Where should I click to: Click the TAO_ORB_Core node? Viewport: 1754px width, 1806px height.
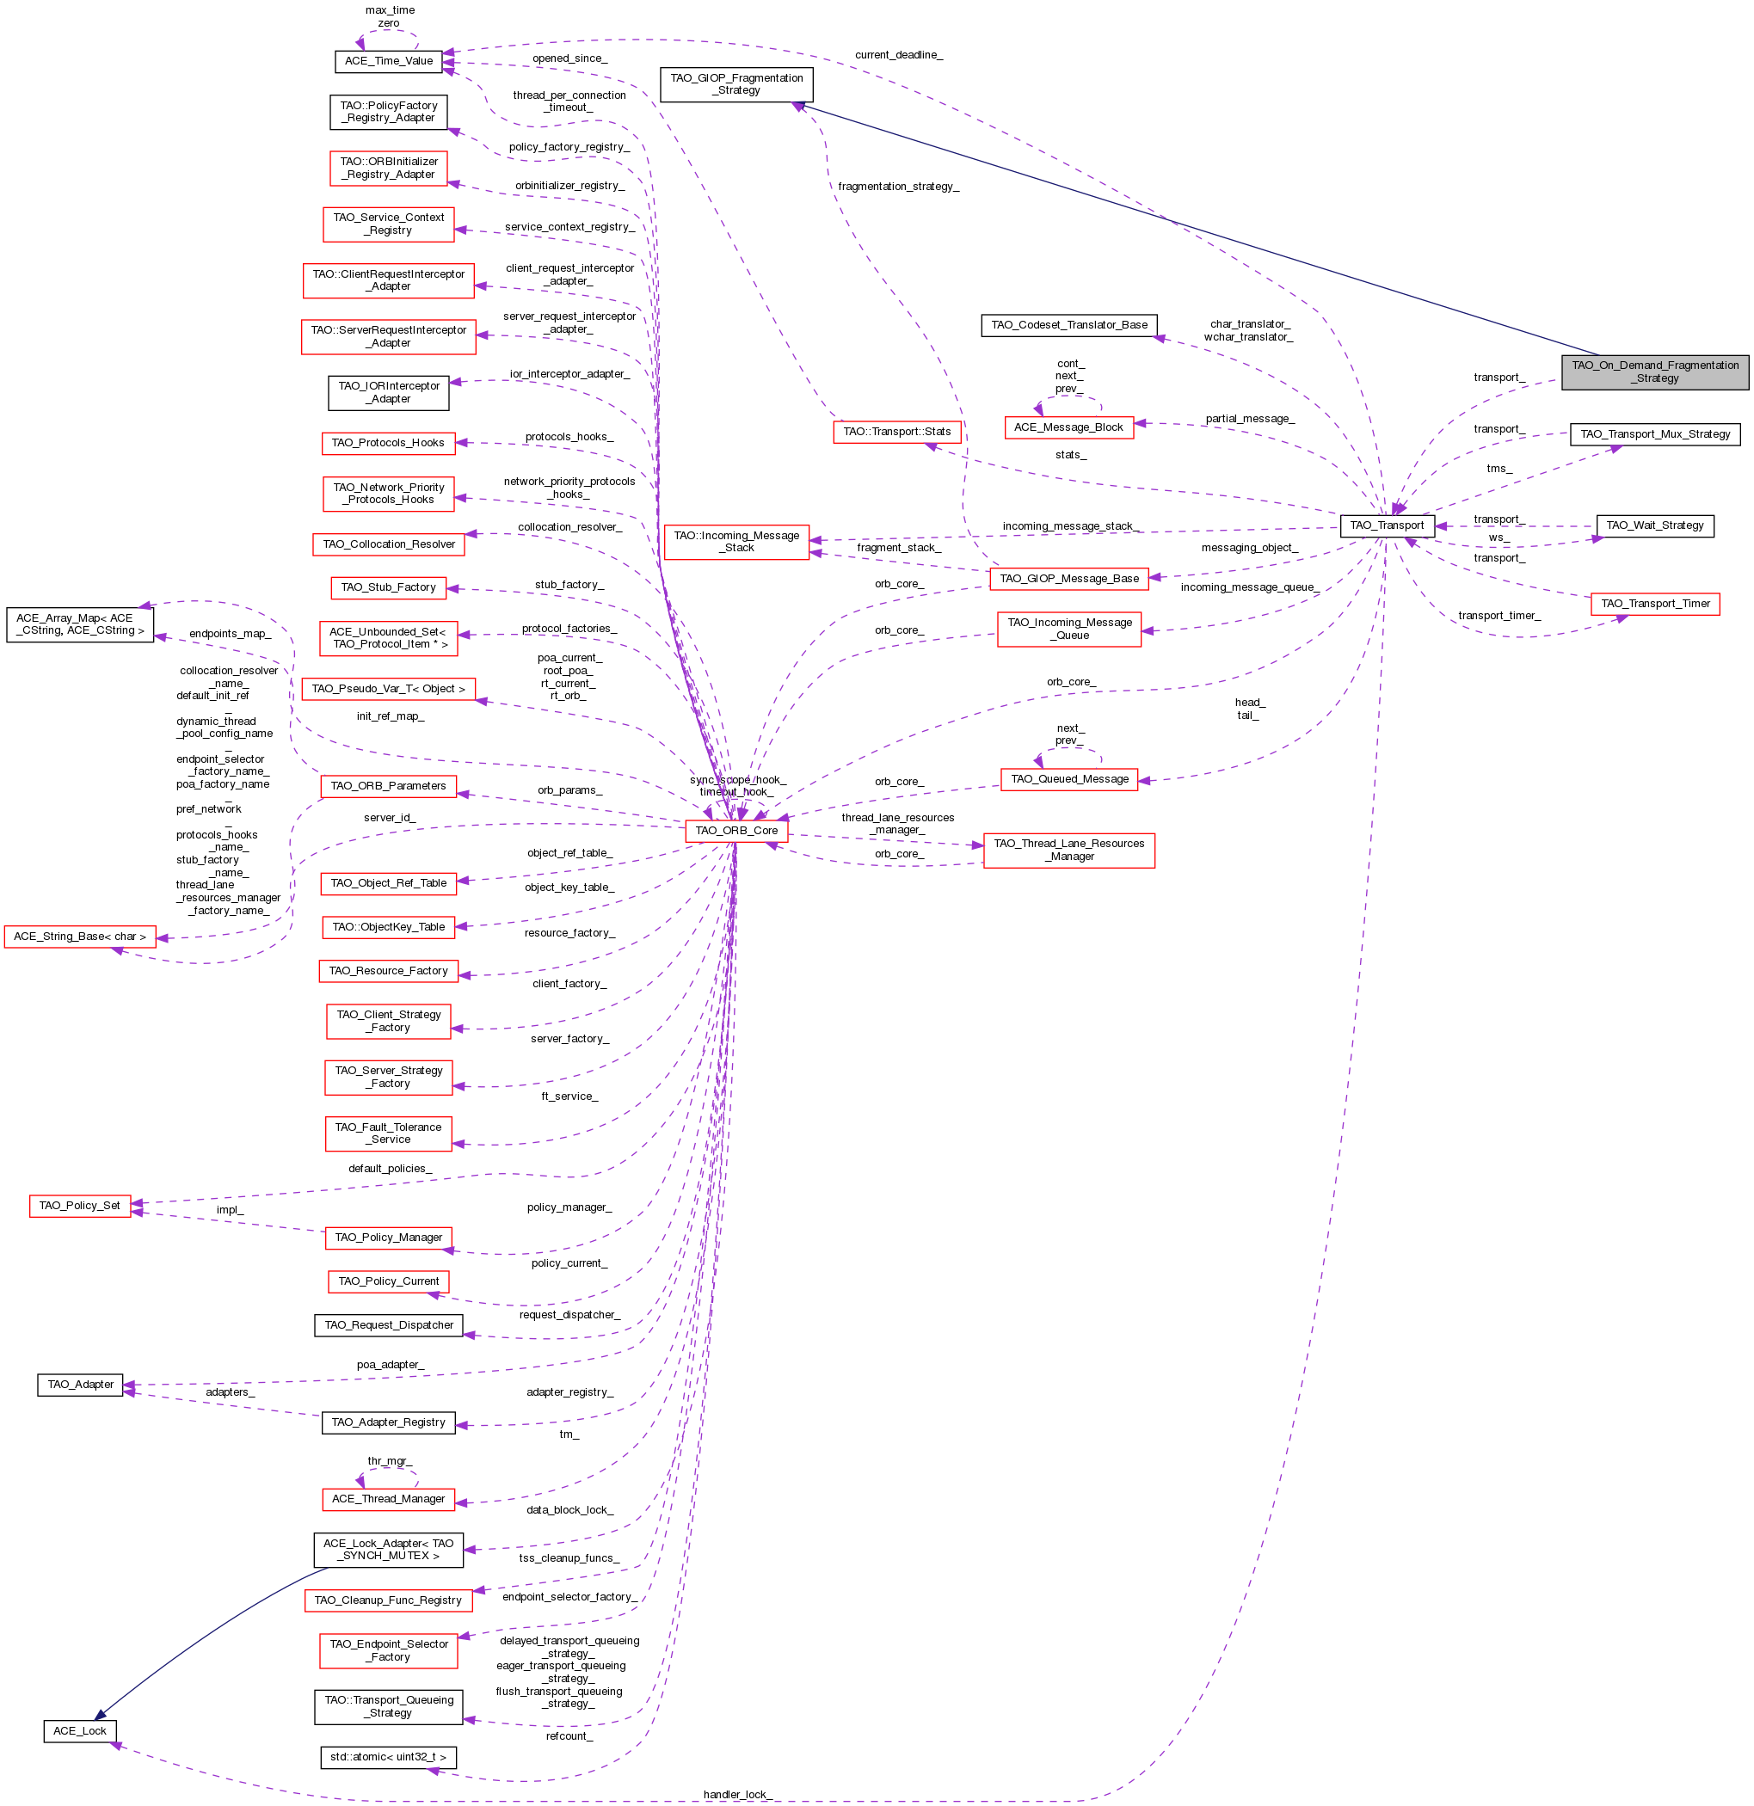(735, 830)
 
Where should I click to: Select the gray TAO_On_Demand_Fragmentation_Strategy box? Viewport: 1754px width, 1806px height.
(1654, 372)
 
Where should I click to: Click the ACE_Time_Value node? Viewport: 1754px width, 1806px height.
(388, 61)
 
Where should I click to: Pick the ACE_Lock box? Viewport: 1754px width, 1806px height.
(79, 1730)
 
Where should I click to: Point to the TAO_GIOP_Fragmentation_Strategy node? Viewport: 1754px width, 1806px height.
(736, 84)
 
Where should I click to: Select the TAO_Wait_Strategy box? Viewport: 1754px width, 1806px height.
(1654, 525)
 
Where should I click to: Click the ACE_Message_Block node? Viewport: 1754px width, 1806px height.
(1068, 427)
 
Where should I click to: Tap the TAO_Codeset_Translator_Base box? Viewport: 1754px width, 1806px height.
(1068, 324)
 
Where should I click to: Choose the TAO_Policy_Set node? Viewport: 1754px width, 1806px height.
(79, 1205)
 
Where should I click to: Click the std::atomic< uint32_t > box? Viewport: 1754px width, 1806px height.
(388, 1756)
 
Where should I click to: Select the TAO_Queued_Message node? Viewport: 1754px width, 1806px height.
(1069, 778)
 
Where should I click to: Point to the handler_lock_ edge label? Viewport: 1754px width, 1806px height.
(736, 1794)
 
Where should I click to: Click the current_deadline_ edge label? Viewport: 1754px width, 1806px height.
(898, 55)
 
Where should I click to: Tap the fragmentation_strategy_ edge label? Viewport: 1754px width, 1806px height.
(898, 186)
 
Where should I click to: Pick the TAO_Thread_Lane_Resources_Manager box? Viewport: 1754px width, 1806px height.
(1068, 850)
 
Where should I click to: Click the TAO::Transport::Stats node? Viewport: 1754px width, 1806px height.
(897, 431)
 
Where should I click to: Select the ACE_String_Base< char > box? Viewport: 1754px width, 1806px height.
(79, 937)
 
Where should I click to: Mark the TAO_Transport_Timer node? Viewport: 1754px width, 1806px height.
(1654, 604)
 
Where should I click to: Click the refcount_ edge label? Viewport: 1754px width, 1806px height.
(569, 1736)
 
